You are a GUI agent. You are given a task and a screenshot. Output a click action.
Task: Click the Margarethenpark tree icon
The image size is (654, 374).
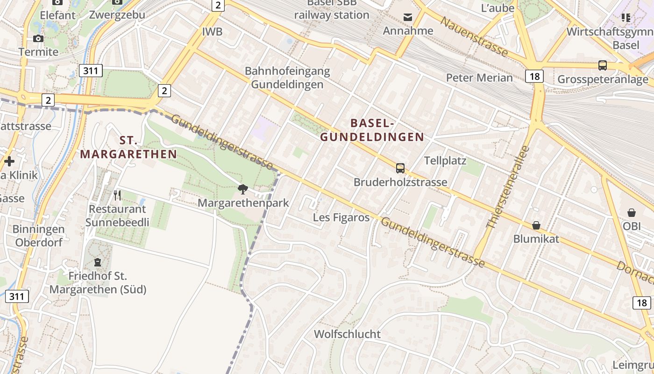point(242,189)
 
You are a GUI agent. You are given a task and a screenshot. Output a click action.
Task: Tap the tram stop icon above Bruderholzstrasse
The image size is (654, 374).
point(400,168)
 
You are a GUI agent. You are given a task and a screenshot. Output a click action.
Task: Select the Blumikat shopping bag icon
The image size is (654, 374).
point(536,226)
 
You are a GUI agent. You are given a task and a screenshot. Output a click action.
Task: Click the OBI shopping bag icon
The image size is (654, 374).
point(632,213)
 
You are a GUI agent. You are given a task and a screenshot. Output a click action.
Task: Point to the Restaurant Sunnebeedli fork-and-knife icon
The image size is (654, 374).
point(117,195)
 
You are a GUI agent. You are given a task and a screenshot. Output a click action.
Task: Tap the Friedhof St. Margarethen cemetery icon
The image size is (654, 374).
point(98,262)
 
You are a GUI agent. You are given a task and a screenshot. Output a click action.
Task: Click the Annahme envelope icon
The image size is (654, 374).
point(408,17)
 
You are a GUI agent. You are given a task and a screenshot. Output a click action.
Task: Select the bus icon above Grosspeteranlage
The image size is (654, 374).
point(603,65)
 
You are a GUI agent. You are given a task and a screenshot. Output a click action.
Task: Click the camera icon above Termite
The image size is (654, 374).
point(38,38)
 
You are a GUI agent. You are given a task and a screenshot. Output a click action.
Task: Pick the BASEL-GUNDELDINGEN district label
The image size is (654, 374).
point(372,130)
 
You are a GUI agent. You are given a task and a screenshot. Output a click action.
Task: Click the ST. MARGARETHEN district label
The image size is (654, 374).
point(128,147)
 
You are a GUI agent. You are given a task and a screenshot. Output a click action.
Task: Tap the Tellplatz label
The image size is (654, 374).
point(445,161)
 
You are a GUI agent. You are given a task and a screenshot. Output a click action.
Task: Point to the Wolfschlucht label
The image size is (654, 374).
point(347,334)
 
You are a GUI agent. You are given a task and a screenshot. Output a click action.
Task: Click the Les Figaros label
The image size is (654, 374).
point(341,217)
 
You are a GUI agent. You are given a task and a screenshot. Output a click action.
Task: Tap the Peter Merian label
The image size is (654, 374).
point(479,78)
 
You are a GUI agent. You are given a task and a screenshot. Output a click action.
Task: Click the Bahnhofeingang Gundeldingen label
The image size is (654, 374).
point(287,78)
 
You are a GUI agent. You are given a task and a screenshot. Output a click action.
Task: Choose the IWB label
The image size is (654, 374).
point(212,32)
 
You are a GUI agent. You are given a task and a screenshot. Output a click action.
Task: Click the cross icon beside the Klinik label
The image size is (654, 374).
point(9,161)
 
